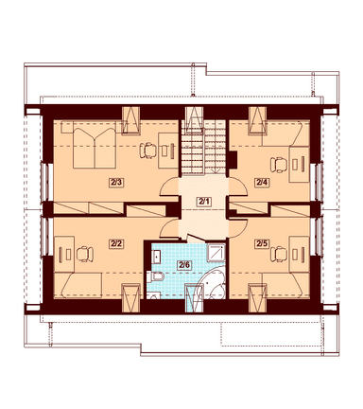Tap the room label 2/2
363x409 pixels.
click(x=115, y=244)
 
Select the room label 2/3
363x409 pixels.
click(x=115, y=183)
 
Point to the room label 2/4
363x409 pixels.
click(x=262, y=182)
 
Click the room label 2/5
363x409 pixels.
click(x=262, y=244)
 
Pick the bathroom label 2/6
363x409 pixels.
click(x=184, y=265)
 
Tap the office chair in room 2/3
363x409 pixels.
click(x=147, y=151)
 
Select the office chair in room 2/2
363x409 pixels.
click(x=85, y=255)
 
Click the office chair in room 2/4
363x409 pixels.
click(x=279, y=165)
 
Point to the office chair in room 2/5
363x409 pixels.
click(x=279, y=255)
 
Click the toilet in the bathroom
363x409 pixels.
click(x=156, y=277)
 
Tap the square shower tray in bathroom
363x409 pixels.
click(x=216, y=253)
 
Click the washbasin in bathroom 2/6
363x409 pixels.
click(x=156, y=257)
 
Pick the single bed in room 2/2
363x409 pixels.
click(x=78, y=286)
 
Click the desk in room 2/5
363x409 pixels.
click(x=299, y=254)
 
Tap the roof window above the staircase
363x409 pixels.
click(x=194, y=119)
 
